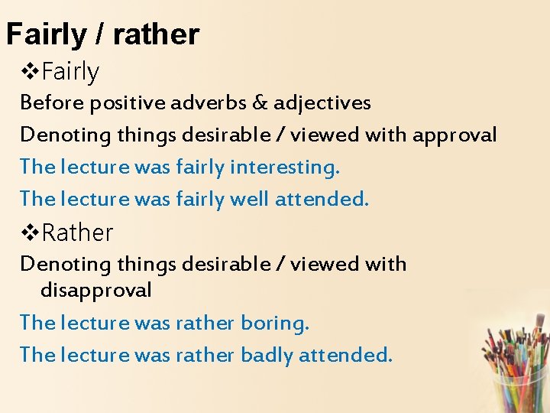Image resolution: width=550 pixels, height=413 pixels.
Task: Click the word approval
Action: click(455, 136)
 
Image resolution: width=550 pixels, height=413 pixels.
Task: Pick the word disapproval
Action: click(95, 291)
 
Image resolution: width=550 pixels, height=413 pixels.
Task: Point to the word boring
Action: click(275, 324)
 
